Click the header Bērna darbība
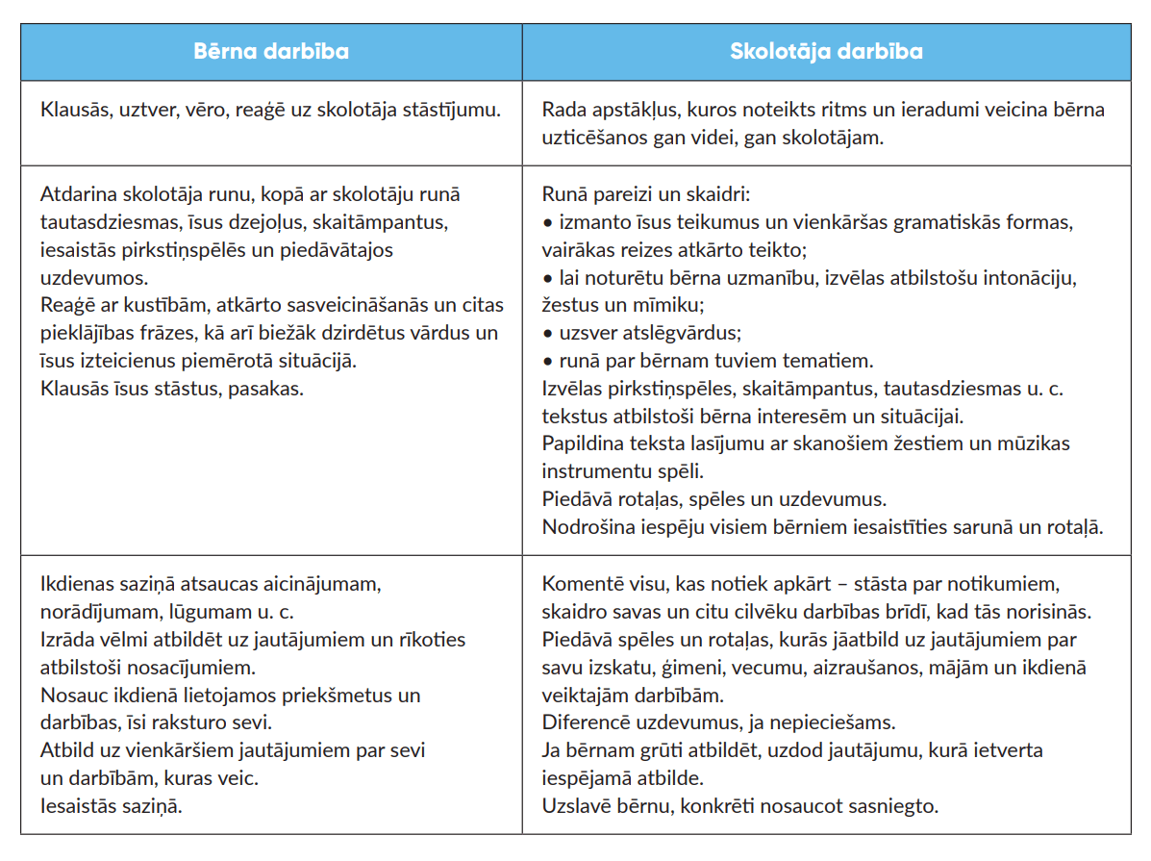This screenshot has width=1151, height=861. [x=271, y=52]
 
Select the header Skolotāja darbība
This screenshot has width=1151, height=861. [x=826, y=52]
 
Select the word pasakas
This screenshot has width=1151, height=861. [x=273, y=390]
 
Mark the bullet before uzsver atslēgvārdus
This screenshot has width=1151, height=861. [x=548, y=334]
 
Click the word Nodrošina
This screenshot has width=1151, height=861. [x=586, y=528]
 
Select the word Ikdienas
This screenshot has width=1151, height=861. [x=80, y=584]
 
